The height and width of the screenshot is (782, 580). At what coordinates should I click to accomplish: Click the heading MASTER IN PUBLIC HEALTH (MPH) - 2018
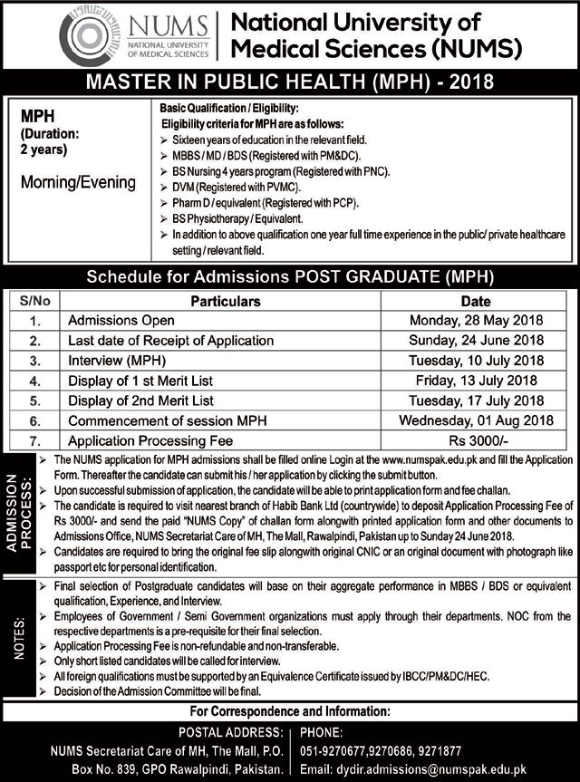[289, 83]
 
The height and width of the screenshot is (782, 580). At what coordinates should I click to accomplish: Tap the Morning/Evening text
[78, 183]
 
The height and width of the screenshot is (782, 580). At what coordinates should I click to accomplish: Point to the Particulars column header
[226, 301]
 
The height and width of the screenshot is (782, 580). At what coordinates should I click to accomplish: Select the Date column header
[475, 301]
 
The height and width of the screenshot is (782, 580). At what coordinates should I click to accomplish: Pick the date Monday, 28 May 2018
[475, 321]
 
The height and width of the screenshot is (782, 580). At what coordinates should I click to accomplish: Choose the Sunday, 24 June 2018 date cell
[475, 341]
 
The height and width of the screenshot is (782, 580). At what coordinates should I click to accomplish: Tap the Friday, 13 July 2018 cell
[475, 381]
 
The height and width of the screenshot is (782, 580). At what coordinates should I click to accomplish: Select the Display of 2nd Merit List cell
[140, 401]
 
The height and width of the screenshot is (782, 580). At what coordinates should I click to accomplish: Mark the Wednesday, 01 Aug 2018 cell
[475, 420]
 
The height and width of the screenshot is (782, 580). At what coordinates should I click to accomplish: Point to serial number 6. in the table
[34, 420]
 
